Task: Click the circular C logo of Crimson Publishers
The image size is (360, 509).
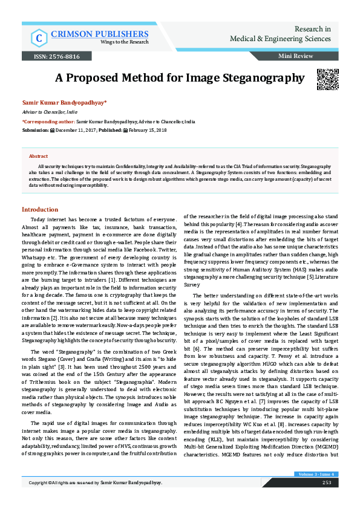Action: tap(39, 37)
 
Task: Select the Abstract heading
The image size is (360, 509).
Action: tap(38, 156)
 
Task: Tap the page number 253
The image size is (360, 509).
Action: tap(326, 499)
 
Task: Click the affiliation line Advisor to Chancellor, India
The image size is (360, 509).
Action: tap(50, 112)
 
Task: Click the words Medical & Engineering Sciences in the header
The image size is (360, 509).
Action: tap(280, 39)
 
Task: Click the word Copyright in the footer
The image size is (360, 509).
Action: tap(42, 500)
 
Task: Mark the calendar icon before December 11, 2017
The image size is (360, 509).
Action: tap(51, 130)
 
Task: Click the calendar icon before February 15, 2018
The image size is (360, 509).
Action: tap(125, 130)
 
